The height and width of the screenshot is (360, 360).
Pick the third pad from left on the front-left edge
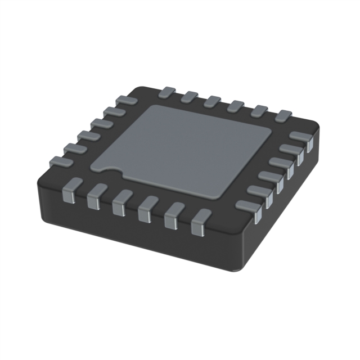tap(120, 202)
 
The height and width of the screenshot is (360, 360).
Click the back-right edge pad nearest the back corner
tap(168, 91)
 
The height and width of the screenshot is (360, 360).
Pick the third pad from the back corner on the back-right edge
tap(211, 101)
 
